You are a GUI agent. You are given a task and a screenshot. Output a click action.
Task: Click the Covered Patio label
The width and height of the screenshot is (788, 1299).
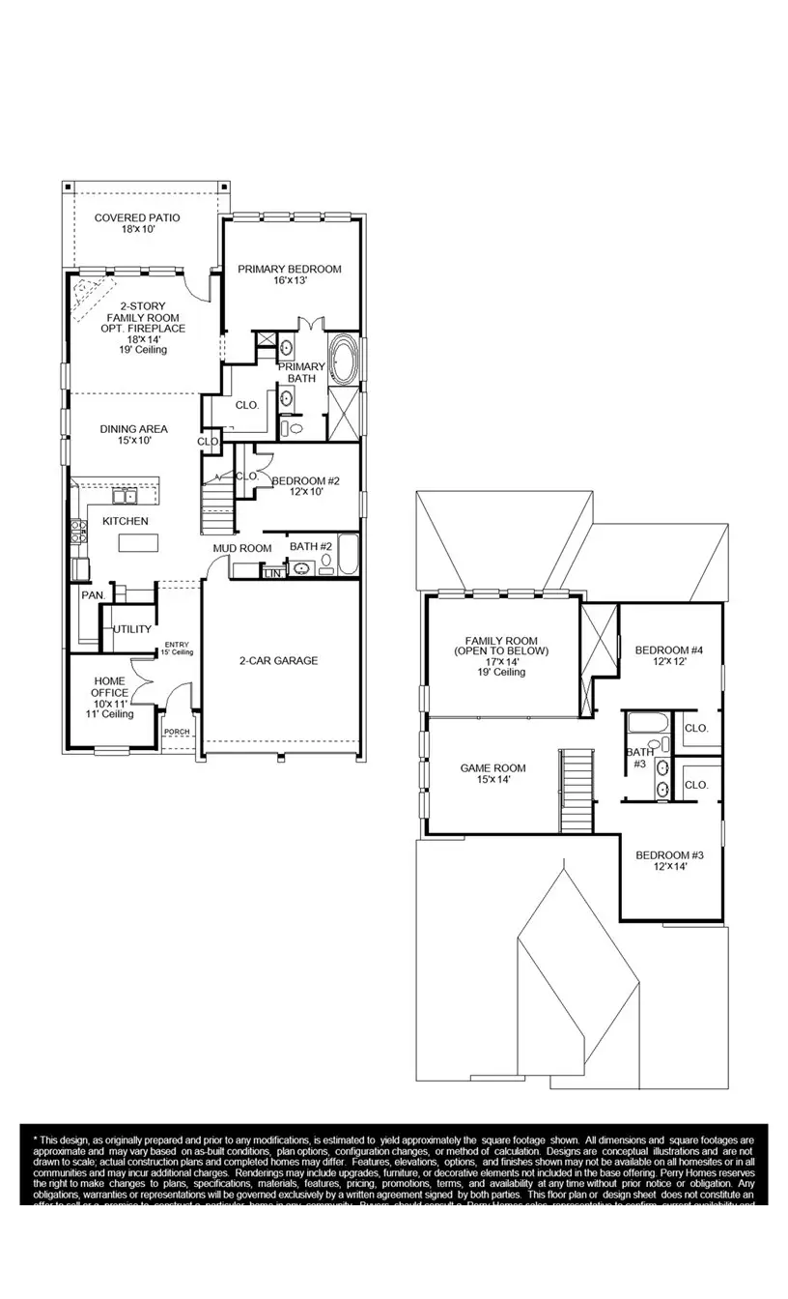pos(137,223)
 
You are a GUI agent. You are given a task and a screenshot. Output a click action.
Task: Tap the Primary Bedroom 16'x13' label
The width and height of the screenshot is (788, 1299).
pos(289,274)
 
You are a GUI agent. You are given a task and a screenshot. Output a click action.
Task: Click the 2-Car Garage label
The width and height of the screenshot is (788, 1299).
pos(278,661)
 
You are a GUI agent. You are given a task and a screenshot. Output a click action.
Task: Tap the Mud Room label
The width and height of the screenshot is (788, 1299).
pos(242,548)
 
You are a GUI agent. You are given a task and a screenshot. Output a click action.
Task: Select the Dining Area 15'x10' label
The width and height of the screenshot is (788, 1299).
pos(133,435)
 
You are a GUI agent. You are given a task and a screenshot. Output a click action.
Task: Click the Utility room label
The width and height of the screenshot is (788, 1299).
pos(132,629)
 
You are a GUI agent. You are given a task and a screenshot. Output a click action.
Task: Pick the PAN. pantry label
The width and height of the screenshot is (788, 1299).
pos(92,595)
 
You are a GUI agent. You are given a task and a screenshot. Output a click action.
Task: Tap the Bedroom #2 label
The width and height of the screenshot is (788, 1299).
pos(305,486)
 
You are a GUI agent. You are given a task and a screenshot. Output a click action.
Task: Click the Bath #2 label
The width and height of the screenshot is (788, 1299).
pos(311,547)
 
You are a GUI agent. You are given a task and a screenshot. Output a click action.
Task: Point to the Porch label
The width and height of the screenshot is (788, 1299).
pos(176,732)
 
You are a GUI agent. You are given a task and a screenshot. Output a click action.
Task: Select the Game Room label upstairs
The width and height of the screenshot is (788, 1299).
pos(492,773)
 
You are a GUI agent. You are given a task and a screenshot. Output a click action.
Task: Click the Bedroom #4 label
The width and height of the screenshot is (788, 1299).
pos(668,656)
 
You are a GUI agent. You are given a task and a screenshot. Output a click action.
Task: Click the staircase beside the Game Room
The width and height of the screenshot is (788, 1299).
pos(577,790)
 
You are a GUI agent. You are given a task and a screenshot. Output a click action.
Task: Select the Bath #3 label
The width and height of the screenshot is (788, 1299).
pos(639,758)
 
